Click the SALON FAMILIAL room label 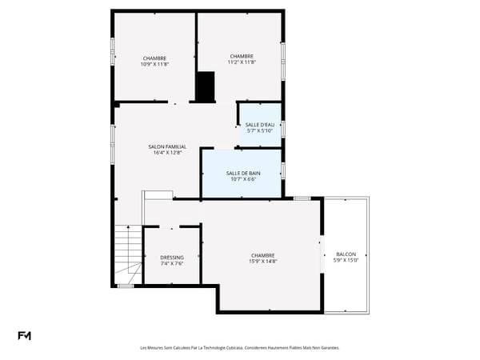click(x=167, y=146)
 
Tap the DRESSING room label click(x=172, y=258)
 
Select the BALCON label click(x=346, y=254)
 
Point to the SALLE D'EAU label click(x=260, y=125)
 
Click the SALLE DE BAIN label click(x=243, y=174)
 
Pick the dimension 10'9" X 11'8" click(x=154, y=64)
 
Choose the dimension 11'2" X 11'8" click(x=242, y=62)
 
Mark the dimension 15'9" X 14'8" click(x=263, y=261)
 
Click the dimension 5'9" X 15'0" click(x=346, y=260)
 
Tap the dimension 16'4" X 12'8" click(x=167, y=153)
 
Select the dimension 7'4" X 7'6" click(x=172, y=263)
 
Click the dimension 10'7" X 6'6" click(x=243, y=179)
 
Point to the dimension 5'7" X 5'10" click(x=260, y=130)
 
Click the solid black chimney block click(x=206, y=87)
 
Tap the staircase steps click(x=129, y=254)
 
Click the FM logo click(x=24, y=336)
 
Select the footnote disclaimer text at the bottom click(x=240, y=348)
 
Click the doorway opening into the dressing click(x=170, y=227)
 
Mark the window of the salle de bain click(x=283, y=170)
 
